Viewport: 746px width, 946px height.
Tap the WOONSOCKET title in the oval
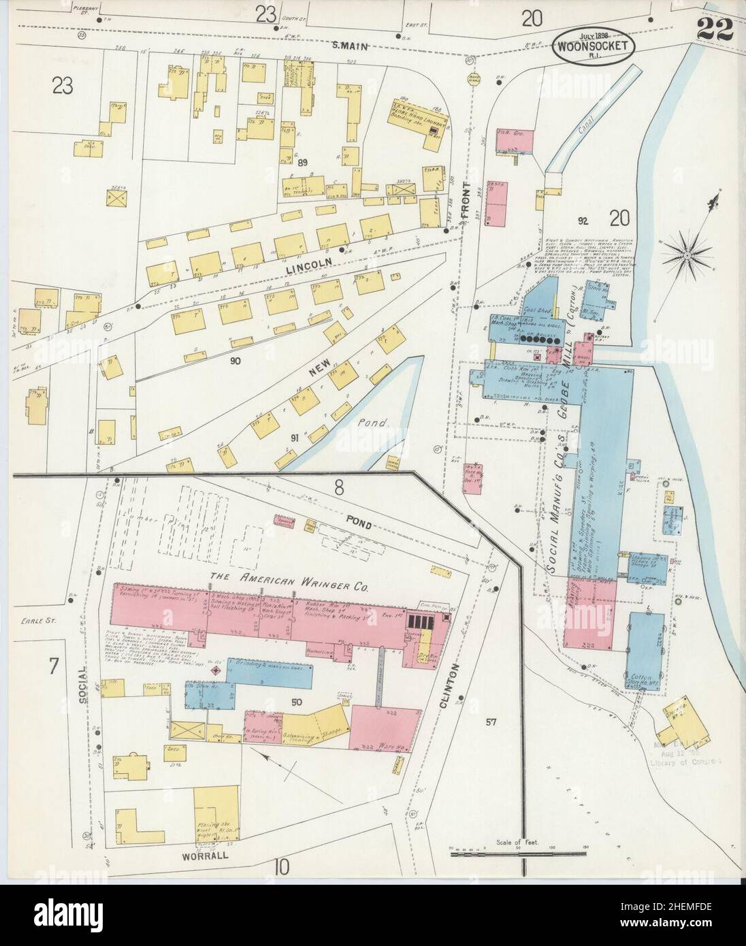(594, 47)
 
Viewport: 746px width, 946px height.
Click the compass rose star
(687, 255)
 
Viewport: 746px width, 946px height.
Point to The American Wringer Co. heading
(289, 575)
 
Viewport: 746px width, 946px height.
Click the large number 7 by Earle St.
(52, 664)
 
